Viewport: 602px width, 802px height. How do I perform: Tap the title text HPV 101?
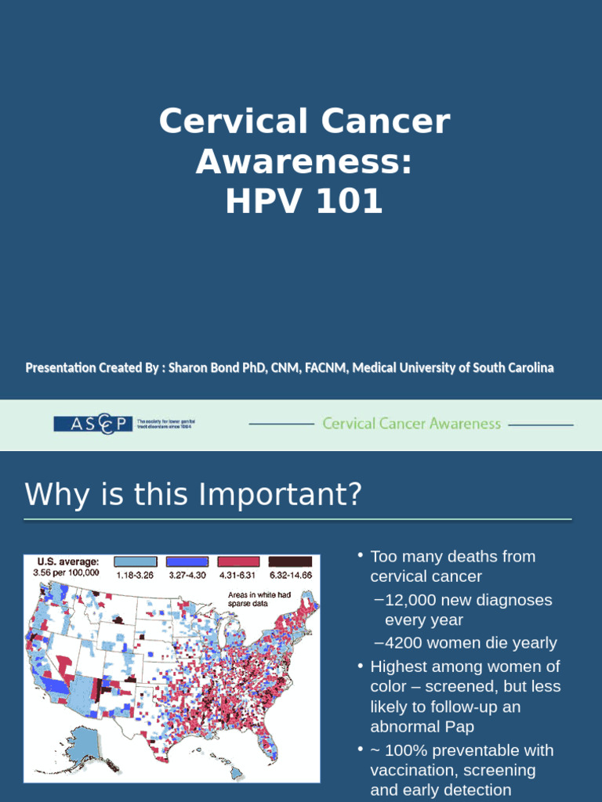point(304,201)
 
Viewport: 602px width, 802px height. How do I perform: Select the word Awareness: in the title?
point(304,162)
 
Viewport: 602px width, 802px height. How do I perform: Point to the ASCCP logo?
point(93,424)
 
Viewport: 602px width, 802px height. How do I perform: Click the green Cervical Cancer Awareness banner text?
point(412,424)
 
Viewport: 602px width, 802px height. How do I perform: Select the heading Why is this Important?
point(193,495)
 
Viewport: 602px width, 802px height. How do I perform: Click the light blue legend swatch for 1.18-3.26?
point(134,562)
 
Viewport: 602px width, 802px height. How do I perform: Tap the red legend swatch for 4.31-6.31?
point(240,562)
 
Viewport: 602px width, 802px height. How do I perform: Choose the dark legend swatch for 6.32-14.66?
point(290,562)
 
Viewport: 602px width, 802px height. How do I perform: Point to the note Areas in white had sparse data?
point(259,599)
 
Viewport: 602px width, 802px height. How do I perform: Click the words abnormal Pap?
point(422,727)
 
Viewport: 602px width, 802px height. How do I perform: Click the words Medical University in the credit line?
point(400,367)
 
